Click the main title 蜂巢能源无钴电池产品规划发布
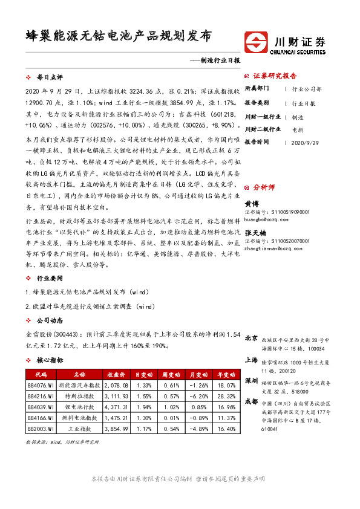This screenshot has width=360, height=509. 119,36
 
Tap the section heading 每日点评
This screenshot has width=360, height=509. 50,79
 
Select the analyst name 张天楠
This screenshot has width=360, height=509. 254,232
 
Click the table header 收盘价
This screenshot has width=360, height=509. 116,375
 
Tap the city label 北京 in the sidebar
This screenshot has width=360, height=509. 251,338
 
